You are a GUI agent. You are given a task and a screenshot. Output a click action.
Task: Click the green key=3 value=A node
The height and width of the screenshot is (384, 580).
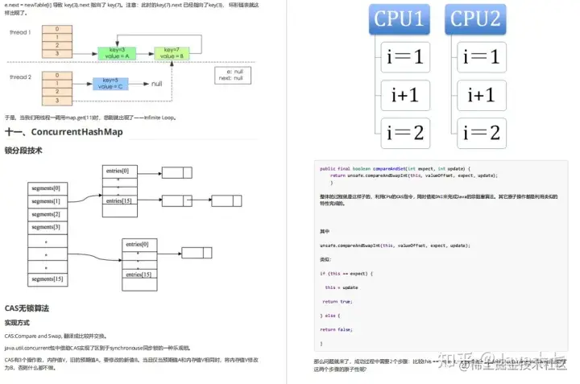coord(114,53)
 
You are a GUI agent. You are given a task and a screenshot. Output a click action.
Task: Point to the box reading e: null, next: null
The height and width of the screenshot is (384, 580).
coord(234,75)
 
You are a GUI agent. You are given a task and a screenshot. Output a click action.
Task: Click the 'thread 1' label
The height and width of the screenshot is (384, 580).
coord(19,32)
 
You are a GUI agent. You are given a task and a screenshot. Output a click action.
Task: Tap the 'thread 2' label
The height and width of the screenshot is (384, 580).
coord(19,77)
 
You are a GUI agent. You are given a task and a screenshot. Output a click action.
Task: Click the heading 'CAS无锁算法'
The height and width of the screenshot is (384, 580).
coord(27,308)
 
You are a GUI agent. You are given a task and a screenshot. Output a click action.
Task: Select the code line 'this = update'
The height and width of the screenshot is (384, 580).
coord(342,287)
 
